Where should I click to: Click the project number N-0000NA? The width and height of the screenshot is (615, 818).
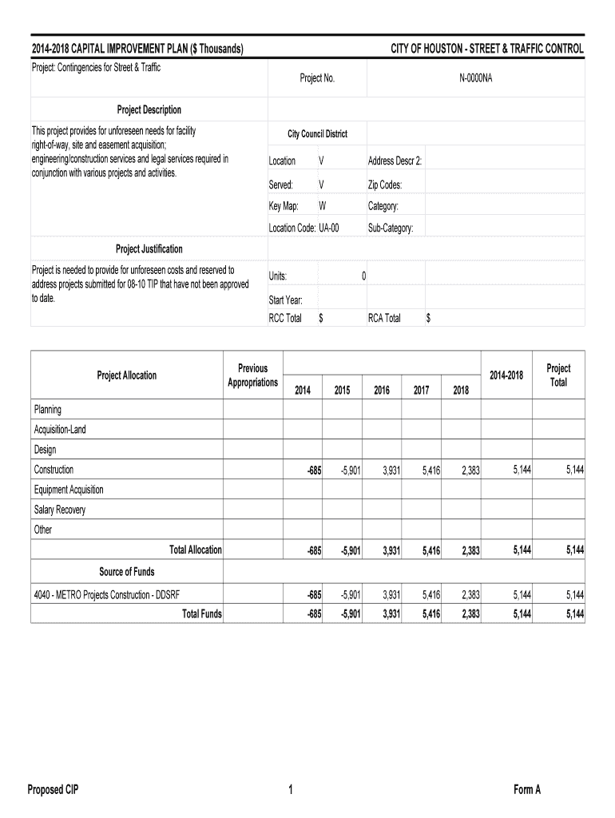[x=475, y=78]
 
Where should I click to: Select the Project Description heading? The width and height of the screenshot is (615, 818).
[x=149, y=109]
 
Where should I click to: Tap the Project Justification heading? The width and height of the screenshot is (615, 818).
[x=149, y=249]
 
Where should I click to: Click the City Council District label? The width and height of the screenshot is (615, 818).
[x=317, y=134]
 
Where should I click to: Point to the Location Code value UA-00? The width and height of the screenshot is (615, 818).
[x=329, y=228]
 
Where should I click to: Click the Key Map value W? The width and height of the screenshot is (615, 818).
[x=322, y=206]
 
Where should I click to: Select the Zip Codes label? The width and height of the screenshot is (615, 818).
[x=385, y=185]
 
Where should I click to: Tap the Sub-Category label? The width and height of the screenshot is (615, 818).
[x=391, y=228]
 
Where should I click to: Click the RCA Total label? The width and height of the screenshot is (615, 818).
[x=384, y=318]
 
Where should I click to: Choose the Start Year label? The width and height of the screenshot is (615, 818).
[x=286, y=300]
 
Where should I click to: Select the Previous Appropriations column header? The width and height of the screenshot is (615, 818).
[x=252, y=375]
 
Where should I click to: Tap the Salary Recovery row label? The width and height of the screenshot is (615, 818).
[x=60, y=510]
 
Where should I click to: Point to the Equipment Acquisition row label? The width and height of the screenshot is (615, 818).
[x=69, y=490]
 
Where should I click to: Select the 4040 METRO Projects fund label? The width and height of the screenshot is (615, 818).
[x=113, y=594]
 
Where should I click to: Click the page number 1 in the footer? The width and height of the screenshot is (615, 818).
[x=292, y=790]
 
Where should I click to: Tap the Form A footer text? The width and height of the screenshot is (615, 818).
[x=528, y=790]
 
